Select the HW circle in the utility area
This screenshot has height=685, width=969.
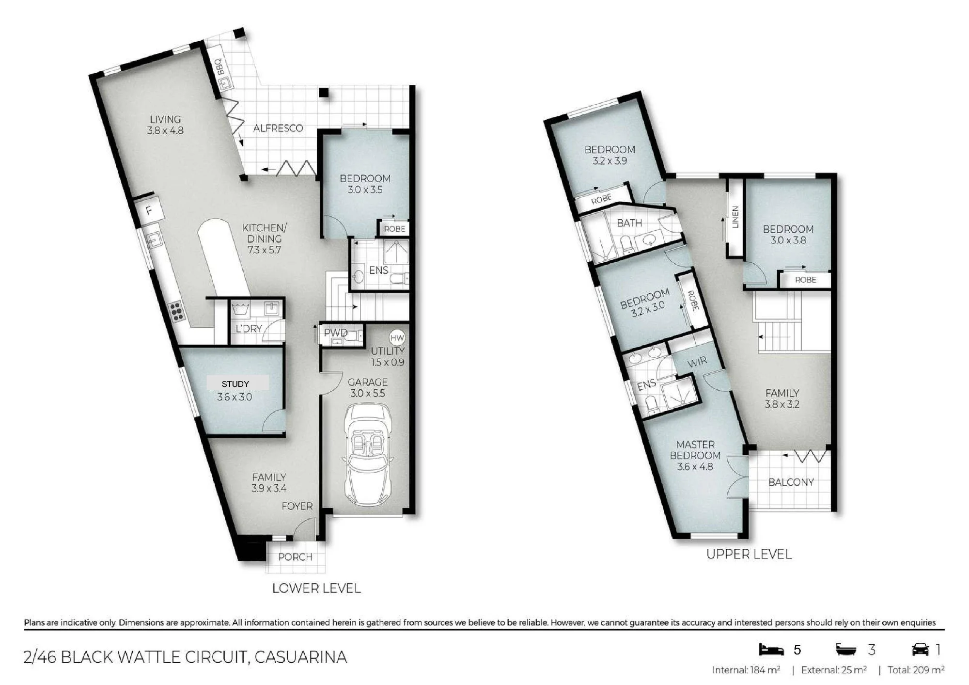pyautogui.click(x=397, y=338)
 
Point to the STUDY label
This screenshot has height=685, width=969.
pyautogui.click(x=235, y=384)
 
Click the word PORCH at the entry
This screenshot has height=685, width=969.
pyautogui.click(x=295, y=557)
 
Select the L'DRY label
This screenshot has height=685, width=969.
pyautogui.click(x=249, y=329)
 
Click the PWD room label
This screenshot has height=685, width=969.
pyautogui.click(x=335, y=333)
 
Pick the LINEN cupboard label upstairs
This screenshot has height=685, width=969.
pyautogui.click(x=735, y=217)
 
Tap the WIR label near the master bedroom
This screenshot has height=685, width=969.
pyautogui.click(x=697, y=362)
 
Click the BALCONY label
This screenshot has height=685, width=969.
pyautogui.click(x=791, y=482)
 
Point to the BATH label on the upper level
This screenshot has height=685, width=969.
pyautogui.click(x=629, y=223)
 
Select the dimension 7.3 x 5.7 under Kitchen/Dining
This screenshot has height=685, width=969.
pyautogui.click(x=264, y=250)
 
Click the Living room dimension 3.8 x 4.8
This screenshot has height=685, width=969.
pyautogui.click(x=165, y=130)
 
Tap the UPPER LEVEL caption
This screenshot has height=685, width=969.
pyautogui.click(x=749, y=554)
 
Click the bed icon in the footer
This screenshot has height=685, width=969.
pyautogui.click(x=771, y=649)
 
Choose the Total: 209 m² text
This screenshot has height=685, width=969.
pyautogui.click(x=916, y=670)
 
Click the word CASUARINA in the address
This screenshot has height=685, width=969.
pyautogui.click(x=301, y=657)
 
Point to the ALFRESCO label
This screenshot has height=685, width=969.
pyautogui.click(x=278, y=128)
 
